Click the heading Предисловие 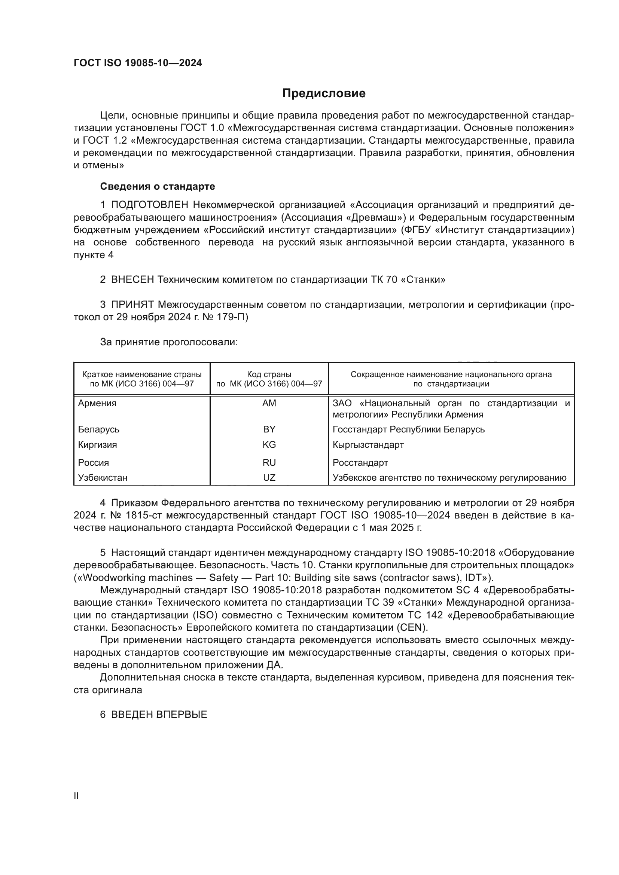(324, 94)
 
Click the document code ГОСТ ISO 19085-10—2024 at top (138, 63)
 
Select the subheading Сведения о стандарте (158, 186)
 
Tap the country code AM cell (269, 403)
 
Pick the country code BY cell (269, 429)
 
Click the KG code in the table (269, 445)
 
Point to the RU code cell (269, 463)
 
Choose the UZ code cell (269, 477)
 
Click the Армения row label (97, 403)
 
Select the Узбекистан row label (103, 477)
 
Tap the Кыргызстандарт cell (368, 445)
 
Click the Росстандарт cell (360, 463)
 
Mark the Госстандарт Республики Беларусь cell (409, 429)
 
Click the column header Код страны (269, 374)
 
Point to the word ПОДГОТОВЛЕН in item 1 (150, 205)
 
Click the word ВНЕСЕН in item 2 (132, 280)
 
